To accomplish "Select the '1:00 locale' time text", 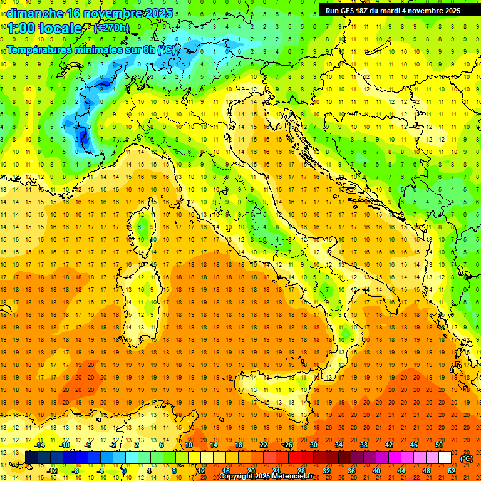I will [44, 28].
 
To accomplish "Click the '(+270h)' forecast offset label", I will [111, 28].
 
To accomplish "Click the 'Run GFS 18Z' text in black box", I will [350, 10].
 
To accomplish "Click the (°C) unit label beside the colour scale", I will [467, 458].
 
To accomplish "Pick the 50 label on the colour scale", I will [438, 445].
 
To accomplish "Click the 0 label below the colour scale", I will [123, 471].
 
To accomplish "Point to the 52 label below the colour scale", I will [452, 471].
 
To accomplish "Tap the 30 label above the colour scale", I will [313, 445].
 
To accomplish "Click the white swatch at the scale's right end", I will [445, 458].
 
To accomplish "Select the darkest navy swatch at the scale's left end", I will [31, 458].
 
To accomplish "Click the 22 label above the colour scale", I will [264, 445].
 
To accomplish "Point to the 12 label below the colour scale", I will [201, 471].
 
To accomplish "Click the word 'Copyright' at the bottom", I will [236, 477].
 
